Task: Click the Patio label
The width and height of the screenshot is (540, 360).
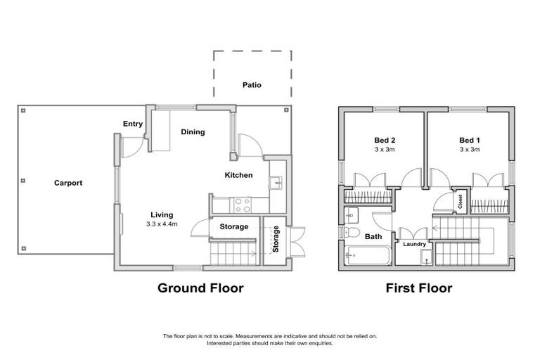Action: click(252, 85)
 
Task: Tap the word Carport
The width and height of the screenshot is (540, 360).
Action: click(68, 183)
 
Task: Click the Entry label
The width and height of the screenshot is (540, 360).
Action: click(133, 124)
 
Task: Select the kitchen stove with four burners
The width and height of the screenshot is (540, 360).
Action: click(243, 204)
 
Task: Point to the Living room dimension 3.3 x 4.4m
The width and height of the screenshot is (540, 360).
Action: click(162, 224)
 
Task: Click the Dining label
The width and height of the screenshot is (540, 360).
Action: click(193, 131)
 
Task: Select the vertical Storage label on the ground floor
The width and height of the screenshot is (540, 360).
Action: click(276, 239)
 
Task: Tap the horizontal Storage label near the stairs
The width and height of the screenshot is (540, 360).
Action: click(233, 226)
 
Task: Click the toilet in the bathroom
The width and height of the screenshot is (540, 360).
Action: click(352, 233)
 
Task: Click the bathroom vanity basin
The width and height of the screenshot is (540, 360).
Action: click(352, 214)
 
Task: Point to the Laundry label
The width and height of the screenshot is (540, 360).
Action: click(413, 244)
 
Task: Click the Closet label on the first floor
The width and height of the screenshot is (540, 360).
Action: click(461, 202)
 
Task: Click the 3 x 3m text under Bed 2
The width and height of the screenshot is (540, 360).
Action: click(384, 149)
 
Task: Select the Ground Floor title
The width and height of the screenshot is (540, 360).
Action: click(200, 288)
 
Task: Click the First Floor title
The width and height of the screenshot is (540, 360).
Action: click(418, 288)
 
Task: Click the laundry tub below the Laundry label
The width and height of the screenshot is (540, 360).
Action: click(426, 258)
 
